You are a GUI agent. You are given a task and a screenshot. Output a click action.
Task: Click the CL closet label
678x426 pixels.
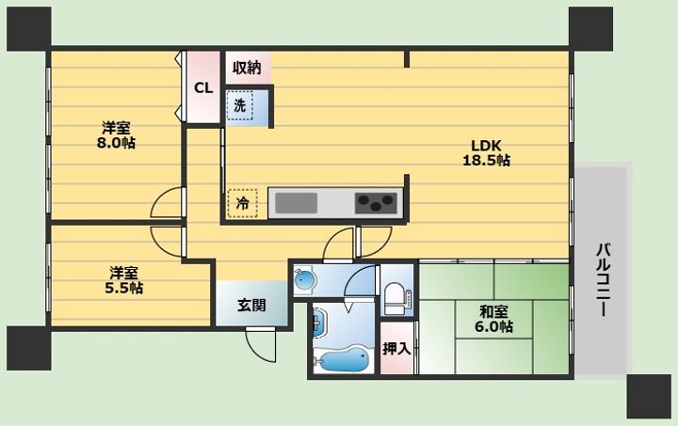click(203, 88)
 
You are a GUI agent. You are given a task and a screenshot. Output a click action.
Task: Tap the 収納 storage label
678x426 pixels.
click(247, 68)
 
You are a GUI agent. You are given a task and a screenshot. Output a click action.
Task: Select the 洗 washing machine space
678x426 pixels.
click(241, 105)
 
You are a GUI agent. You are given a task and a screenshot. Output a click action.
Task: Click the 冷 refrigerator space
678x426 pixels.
click(242, 203)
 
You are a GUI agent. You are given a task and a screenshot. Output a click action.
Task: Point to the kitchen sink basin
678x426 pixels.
click(297, 203)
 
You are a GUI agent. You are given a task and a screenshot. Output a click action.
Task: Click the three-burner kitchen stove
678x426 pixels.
click(376, 203)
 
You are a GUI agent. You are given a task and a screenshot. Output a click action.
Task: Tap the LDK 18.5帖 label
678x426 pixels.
click(487, 152)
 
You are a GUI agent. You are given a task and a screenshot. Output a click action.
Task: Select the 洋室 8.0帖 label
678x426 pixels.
click(116, 135)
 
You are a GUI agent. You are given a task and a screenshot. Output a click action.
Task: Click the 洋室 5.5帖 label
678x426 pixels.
click(123, 280)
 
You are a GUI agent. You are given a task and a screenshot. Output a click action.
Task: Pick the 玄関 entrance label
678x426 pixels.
click(251, 306)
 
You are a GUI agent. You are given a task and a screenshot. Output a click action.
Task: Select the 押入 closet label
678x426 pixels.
click(396, 348)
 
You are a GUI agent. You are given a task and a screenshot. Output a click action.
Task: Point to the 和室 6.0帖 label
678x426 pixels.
click(493, 319)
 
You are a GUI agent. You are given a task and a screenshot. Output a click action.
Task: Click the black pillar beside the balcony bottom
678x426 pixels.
click(649, 396)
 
